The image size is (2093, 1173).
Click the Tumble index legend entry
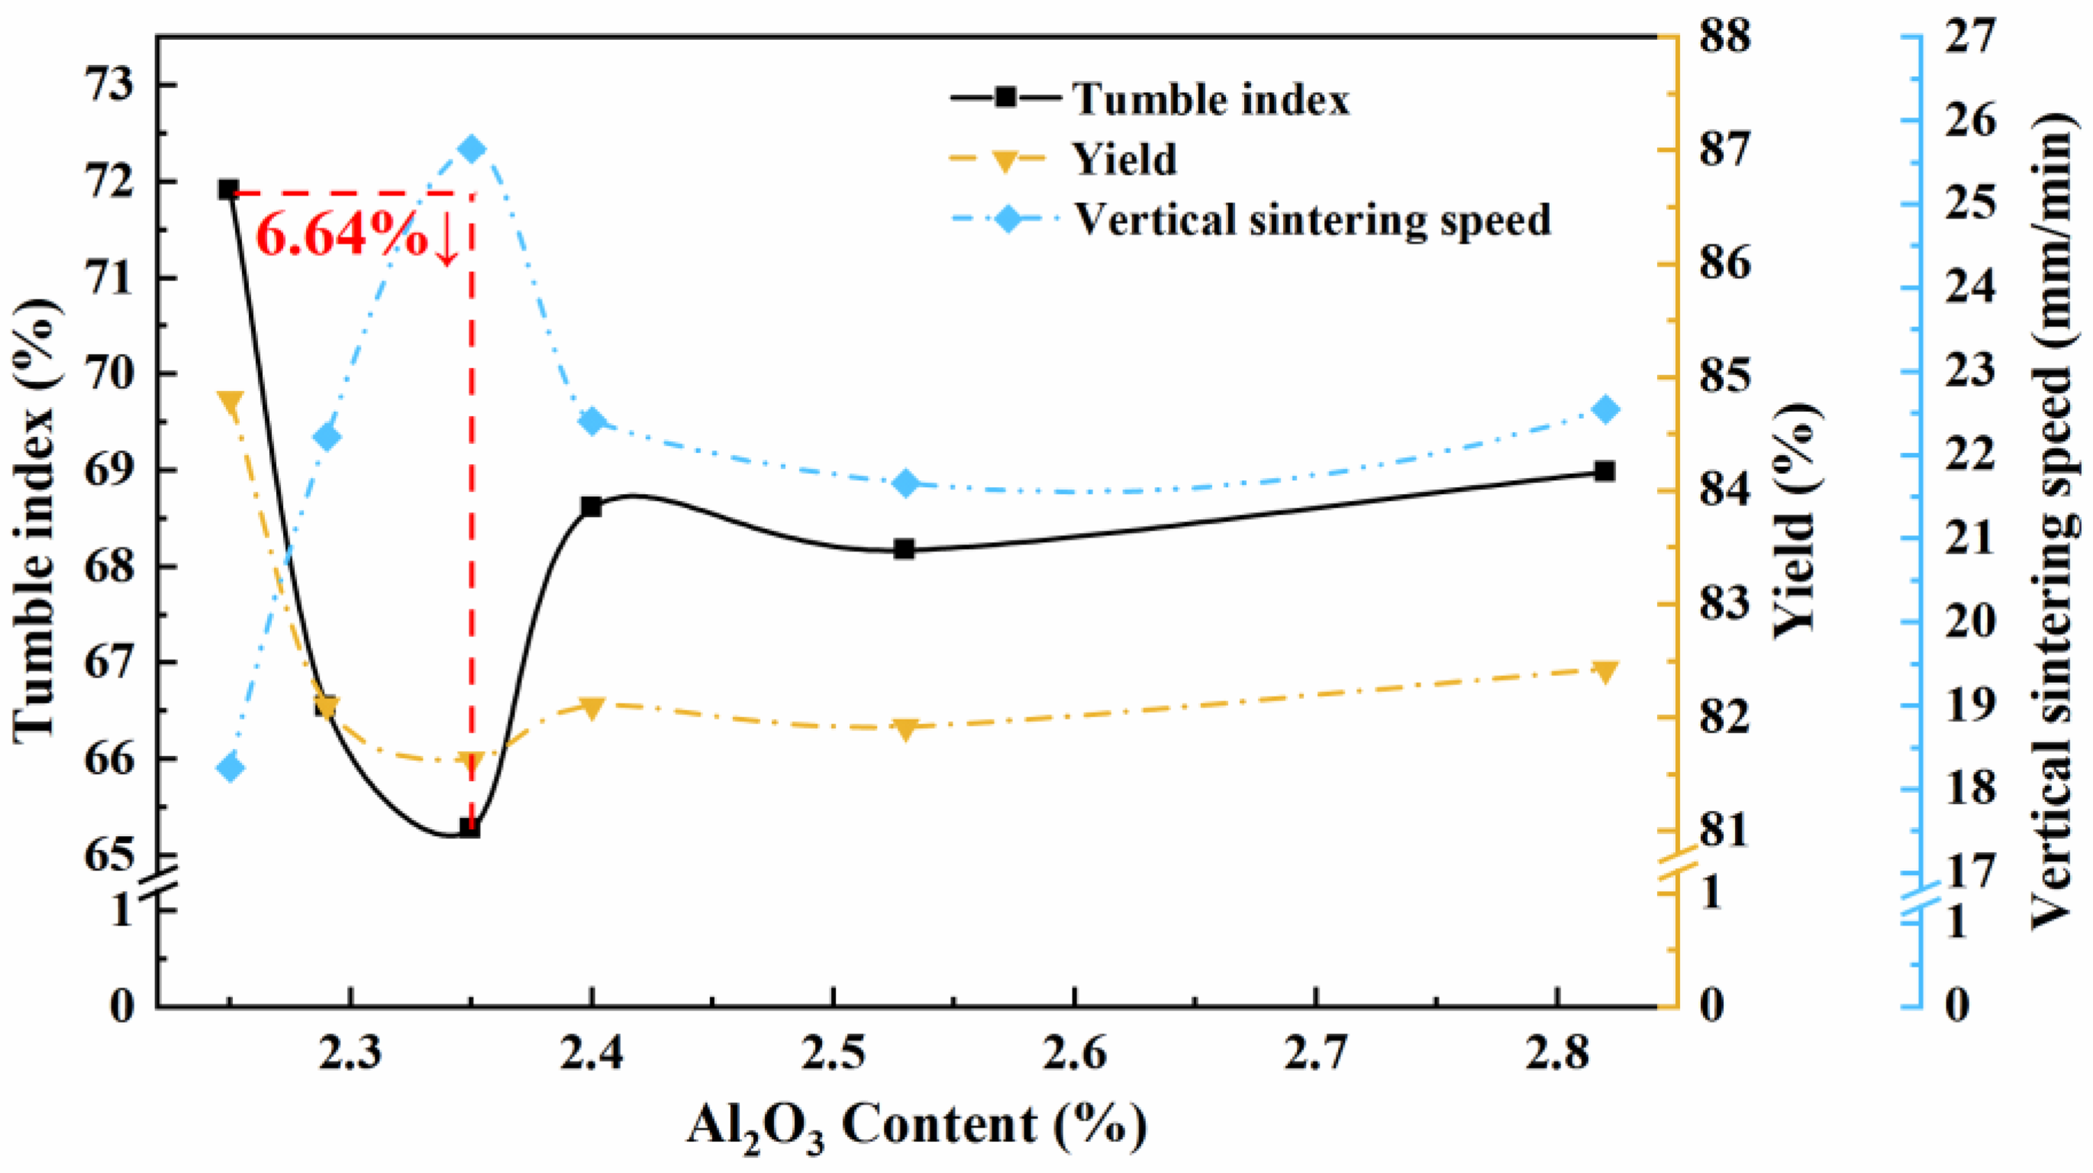(x=1149, y=98)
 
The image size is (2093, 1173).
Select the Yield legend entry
(x=1063, y=158)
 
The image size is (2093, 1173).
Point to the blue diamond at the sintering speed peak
(x=471, y=149)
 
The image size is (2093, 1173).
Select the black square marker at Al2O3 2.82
(x=1604, y=472)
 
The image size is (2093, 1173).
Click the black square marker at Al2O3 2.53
(x=904, y=549)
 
